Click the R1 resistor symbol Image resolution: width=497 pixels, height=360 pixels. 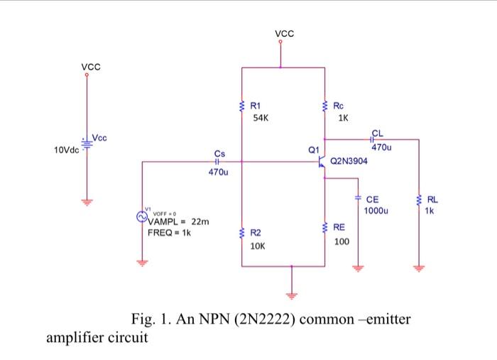[242, 107]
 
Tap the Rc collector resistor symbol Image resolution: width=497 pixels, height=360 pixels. [324, 107]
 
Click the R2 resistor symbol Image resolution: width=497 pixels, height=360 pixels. [242, 233]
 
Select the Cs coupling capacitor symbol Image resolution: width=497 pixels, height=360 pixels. [218, 162]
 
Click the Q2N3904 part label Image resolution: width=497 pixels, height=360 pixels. [349, 162]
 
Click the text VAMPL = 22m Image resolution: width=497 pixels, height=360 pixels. [177, 223]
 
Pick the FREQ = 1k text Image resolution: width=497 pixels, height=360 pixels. [169, 232]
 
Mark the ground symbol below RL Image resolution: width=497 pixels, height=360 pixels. [418, 268]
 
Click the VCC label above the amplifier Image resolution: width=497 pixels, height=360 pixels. [283, 33]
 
